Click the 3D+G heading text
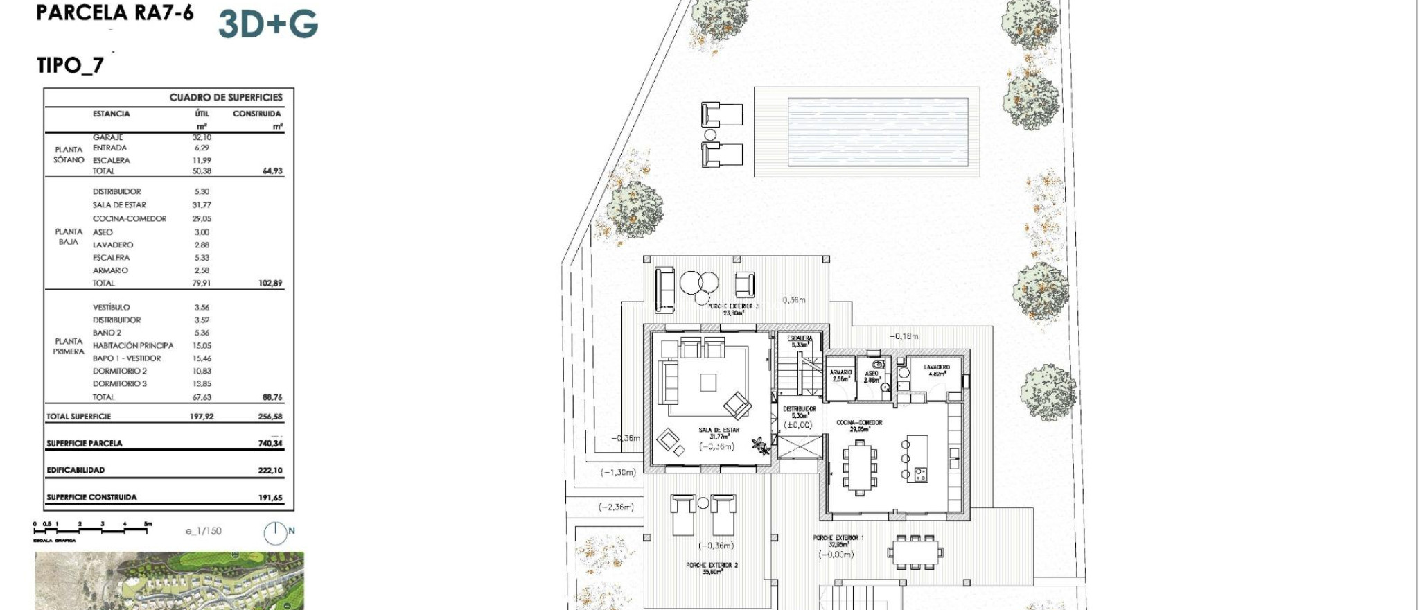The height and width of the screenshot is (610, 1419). point(268,24)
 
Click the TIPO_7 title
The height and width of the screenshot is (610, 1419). point(70,65)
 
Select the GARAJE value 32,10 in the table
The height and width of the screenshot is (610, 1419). point(202,137)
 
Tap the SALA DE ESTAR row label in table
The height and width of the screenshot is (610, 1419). point(119,205)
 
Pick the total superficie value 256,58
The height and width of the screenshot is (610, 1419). point(270,417)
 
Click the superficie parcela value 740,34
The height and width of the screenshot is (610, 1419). point(270,444)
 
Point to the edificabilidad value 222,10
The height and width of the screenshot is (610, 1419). point(270,471)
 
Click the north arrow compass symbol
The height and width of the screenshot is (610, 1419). point(275,532)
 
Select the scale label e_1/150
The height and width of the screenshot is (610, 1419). point(204,531)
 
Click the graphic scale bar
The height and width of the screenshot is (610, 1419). point(92,529)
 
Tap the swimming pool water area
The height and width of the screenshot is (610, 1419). point(877,132)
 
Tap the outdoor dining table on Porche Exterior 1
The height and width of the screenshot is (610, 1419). point(915,552)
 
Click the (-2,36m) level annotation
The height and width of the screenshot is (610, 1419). point(616,507)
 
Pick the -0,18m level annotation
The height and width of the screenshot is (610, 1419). point(904,336)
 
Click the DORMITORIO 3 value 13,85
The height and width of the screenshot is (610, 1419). point(202,384)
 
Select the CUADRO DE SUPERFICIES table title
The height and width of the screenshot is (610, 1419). point(226,98)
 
